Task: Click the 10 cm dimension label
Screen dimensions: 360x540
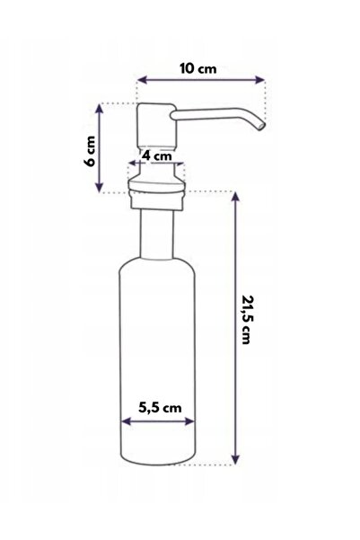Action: tap(198, 68)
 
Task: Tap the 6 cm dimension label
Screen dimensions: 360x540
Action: tap(90, 151)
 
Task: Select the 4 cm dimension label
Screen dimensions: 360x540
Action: tap(157, 155)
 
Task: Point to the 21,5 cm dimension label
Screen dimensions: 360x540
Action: tap(246, 319)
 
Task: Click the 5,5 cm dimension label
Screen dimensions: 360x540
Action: tap(160, 408)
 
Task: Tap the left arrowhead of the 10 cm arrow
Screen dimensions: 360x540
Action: tap(142, 80)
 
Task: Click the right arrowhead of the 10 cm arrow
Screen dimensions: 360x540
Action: tap(259, 80)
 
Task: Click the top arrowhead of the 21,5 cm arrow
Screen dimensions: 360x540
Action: tap(235, 197)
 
